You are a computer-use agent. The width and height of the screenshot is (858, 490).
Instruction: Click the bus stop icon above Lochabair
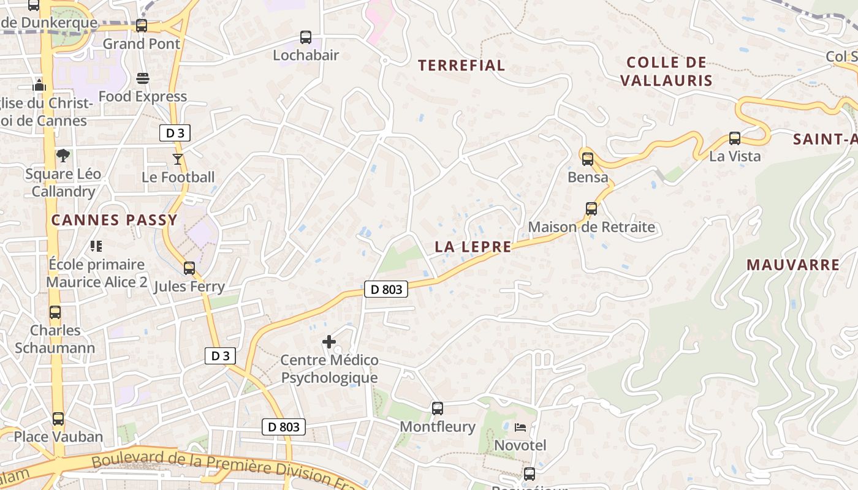[306, 37]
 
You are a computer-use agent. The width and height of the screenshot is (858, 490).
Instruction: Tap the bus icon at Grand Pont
[142, 26]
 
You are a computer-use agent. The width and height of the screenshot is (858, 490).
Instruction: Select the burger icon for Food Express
[143, 78]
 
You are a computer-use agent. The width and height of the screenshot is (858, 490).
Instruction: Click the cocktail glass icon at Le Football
[178, 159]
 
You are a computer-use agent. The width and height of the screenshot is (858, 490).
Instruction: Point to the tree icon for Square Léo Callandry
[63, 156]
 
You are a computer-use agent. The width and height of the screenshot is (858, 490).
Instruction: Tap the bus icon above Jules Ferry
[189, 268]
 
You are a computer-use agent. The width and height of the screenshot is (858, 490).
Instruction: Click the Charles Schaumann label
[55, 339]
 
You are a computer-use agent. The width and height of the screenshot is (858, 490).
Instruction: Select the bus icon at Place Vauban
[58, 419]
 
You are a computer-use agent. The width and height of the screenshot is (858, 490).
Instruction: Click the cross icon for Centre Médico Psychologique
[329, 342]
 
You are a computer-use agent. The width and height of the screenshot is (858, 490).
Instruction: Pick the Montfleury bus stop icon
[438, 408]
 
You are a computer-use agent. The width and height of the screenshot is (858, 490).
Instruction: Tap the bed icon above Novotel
[520, 427]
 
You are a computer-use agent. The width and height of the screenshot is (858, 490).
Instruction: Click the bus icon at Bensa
[588, 159]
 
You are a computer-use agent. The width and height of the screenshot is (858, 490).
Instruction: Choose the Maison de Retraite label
[591, 227]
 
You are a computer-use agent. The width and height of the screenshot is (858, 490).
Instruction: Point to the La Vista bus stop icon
[735, 138]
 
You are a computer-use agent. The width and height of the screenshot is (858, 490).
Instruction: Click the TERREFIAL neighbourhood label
[461, 66]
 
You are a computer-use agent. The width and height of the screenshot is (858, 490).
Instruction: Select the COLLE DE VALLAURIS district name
[667, 71]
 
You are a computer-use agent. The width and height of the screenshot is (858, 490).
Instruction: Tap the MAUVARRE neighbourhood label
[793, 265]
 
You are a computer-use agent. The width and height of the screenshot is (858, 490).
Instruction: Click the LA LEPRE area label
[473, 247]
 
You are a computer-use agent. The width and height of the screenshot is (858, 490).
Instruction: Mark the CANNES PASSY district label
[114, 220]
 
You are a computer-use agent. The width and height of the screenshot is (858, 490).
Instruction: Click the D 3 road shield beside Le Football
[175, 133]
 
